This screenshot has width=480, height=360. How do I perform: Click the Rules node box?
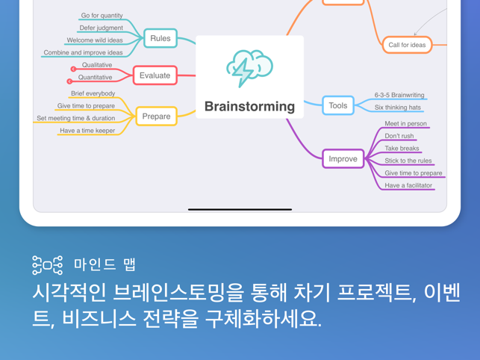click(160, 38)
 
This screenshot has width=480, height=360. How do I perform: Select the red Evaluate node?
click(155, 75)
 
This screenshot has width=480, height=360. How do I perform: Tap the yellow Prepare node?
click(156, 117)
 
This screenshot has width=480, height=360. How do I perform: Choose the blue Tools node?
click(338, 105)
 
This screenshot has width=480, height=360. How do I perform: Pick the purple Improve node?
click(343, 158)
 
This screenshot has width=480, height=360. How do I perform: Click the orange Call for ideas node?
click(407, 45)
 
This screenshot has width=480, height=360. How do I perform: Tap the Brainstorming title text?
click(249, 107)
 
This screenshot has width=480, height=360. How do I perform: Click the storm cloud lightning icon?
click(249, 68)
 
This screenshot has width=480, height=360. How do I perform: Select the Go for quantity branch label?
click(102, 16)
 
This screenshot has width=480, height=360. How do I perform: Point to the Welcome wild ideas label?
click(95, 40)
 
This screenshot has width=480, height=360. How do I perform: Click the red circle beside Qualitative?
click(73, 69)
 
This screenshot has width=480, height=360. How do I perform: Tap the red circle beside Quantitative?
click(69, 81)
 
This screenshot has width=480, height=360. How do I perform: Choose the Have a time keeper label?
click(87, 131)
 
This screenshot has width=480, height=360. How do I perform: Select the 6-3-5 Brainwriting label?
click(399, 95)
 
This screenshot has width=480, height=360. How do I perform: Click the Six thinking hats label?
click(398, 108)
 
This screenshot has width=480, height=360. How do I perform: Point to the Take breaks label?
click(402, 149)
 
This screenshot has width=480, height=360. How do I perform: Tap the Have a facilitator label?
click(408, 185)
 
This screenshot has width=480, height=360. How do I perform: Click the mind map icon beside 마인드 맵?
click(48, 265)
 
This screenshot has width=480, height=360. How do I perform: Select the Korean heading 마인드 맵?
click(105, 264)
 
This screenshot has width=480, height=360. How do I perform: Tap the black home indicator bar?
click(240, 210)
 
